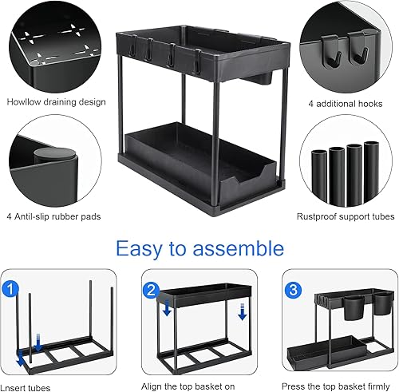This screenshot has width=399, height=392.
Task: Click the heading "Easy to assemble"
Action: click(x=199, y=248)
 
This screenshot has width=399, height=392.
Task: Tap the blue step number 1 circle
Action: click(x=10, y=289)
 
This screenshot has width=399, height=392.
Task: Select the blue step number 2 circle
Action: click(x=151, y=291)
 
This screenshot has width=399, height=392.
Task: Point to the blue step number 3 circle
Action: click(x=293, y=290)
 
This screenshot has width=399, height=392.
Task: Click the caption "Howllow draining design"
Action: click(x=56, y=102)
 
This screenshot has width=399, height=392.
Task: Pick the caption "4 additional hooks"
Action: click(x=346, y=104)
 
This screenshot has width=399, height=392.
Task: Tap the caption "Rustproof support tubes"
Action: click(x=346, y=216)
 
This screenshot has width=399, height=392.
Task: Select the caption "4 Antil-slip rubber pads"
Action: click(x=53, y=216)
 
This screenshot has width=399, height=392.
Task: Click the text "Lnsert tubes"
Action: click(x=26, y=388)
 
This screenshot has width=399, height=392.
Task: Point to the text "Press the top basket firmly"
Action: click(x=336, y=386)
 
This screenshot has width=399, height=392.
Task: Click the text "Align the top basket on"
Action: click(x=188, y=386)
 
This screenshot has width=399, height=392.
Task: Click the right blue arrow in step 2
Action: click(x=243, y=311)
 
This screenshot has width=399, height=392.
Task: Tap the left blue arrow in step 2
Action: click(x=167, y=307)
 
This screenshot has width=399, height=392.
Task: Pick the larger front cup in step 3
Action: click(x=354, y=308)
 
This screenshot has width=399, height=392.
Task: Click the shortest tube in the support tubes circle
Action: click(x=319, y=175)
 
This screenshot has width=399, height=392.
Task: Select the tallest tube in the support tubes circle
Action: click(x=371, y=172)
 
